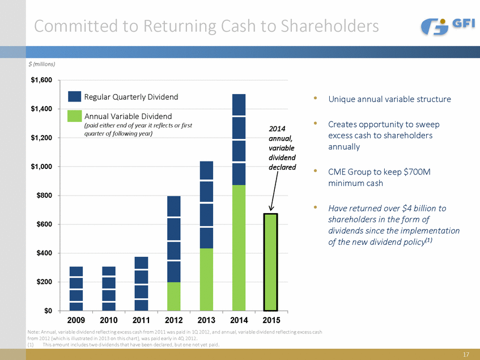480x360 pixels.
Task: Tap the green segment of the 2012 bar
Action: click(x=174, y=296)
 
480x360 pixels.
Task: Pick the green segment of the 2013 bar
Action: click(x=206, y=279)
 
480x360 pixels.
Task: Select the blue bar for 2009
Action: click(x=77, y=289)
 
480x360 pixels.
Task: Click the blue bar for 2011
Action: click(x=141, y=283)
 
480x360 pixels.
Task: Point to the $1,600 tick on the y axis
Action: click(x=42, y=80)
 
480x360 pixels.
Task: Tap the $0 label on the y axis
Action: click(x=48, y=311)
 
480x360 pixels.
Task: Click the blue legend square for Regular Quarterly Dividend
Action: click(x=74, y=98)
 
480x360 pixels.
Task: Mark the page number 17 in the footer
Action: click(x=466, y=354)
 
